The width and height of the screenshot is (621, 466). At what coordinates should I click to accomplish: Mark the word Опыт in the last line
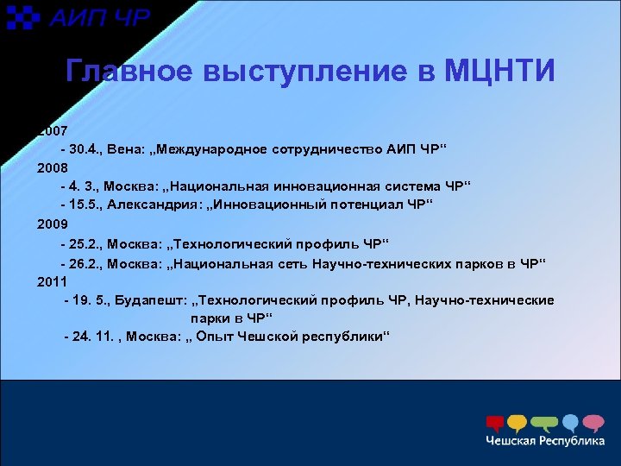click(215, 337)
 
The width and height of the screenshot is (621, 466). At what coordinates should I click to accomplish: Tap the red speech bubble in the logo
click(495, 423)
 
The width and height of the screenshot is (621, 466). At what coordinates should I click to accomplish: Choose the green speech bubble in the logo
click(543, 423)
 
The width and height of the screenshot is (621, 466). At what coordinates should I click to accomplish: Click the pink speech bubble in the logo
click(593, 422)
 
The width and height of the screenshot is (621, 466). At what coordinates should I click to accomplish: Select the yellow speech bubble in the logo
click(517, 423)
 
